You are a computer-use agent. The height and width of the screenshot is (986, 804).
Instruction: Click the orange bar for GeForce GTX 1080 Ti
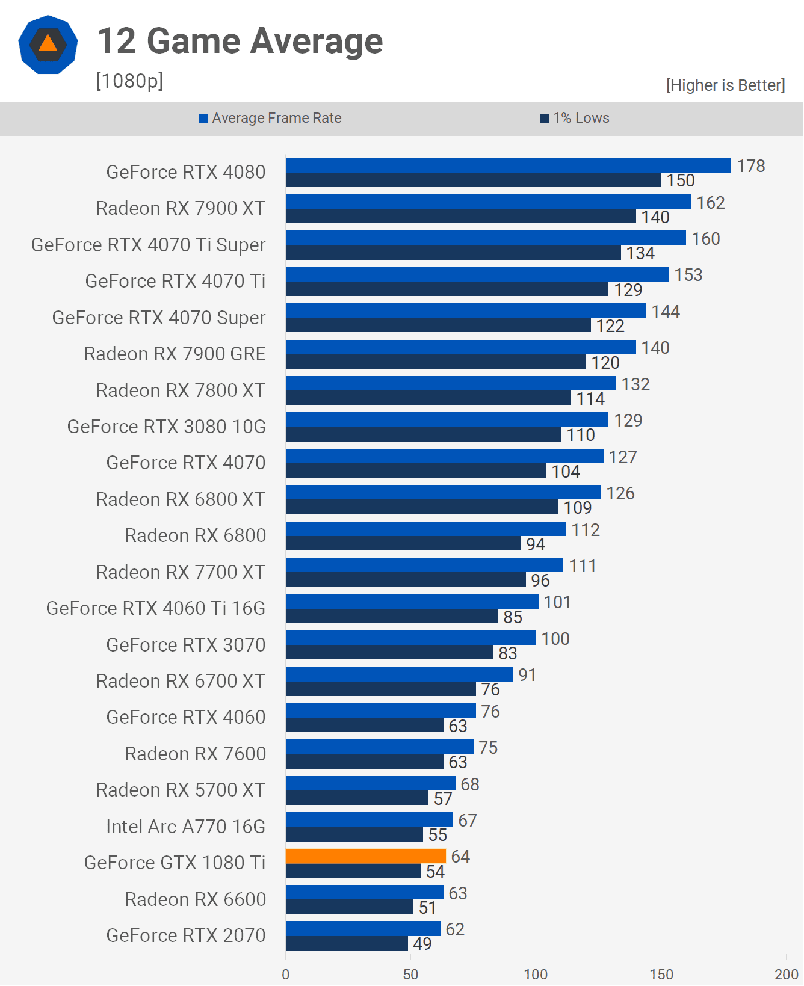[x=365, y=856]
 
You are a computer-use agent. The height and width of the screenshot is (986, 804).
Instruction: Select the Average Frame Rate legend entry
[x=271, y=118]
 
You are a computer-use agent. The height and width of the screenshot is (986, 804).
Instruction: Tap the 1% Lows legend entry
[x=575, y=118]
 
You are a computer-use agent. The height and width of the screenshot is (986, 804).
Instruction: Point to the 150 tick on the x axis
[x=661, y=974]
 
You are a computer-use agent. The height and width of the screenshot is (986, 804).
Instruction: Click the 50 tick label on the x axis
[x=410, y=974]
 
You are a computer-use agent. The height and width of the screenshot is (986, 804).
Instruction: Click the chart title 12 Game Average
[x=240, y=41]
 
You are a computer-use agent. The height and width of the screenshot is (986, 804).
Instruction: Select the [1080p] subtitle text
[x=129, y=81]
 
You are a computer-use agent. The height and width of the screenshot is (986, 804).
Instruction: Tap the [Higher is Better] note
[x=725, y=85]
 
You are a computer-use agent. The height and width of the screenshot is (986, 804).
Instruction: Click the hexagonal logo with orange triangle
[x=48, y=45]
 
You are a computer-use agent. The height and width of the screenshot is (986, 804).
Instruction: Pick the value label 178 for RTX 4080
[x=751, y=166]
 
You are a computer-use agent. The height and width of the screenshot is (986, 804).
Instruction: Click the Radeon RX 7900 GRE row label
[x=175, y=354]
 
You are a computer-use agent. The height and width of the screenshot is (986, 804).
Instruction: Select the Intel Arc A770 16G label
[x=185, y=827]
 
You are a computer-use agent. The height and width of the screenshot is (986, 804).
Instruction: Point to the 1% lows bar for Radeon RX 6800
[x=403, y=544]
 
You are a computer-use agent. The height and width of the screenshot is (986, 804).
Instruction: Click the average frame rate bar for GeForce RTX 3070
[x=410, y=638]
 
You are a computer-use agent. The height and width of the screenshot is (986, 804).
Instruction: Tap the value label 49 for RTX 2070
[x=422, y=944]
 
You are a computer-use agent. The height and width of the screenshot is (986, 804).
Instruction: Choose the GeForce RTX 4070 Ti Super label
[x=148, y=245]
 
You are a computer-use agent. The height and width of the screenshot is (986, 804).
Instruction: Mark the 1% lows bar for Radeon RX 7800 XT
[x=428, y=398]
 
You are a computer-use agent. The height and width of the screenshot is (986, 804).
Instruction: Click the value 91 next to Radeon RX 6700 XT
[x=527, y=675]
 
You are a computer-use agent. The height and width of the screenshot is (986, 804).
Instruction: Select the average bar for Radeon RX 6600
[x=364, y=892]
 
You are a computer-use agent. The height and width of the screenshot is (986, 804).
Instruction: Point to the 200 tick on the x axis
[x=786, y=974]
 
